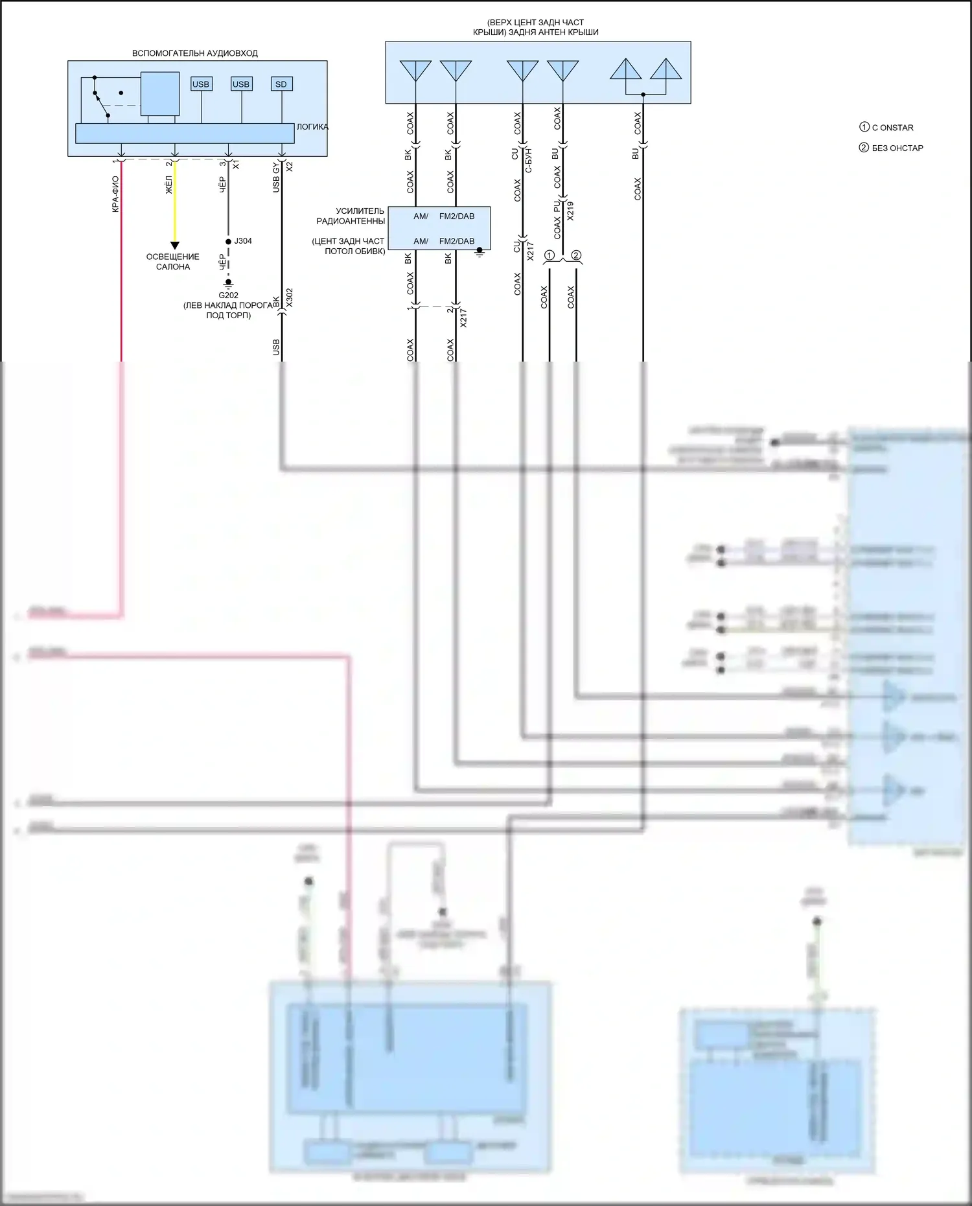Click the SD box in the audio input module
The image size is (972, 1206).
pyautogui.click(x=281, y=84)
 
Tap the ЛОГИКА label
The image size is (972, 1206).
pyautogui.click(x=312, y=127)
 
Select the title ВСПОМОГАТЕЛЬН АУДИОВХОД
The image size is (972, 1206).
pyautogui.click(x=195, y=53)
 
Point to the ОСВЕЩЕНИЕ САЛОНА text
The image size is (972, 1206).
pyautogui.click(x=173, y=262)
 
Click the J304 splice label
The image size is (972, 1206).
pyautogui.click(x=243, y=241)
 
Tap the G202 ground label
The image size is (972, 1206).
pyautogui.click(x=228, y=296)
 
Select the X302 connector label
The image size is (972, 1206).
pyautogui.click(x=290, y=297)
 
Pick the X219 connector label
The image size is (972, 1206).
pyautogui.click(x=570, y=211)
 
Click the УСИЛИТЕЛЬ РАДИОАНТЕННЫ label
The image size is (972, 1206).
pyautogui.click(x=351, y=216)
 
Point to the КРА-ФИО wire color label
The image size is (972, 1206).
pyautogui.click(x=115, y=194)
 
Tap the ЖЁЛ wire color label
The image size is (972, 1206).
pyautogui.click(x=169, y=185)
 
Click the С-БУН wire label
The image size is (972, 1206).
pyautogui.click(x=529, y=159)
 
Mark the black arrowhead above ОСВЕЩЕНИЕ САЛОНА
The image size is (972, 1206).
pyautogui.click(x=174, y=246)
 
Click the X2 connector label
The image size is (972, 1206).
pyautogui.click(x=290, y=167)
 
